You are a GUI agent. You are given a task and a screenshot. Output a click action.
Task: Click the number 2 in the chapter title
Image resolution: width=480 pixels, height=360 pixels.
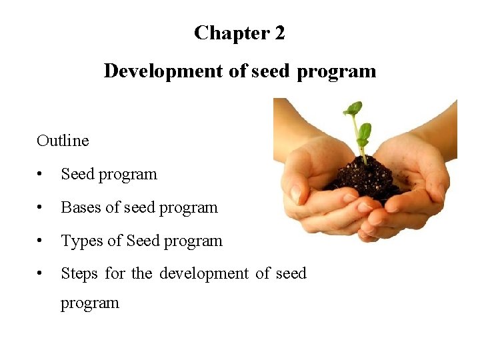pyautogui.click(x=279, y=33)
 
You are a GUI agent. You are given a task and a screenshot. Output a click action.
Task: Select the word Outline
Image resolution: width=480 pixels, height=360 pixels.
pyautogui.click(x=63, y=141)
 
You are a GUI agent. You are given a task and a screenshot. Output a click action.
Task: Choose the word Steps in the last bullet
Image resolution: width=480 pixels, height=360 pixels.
pyautogui.click(x=79, y=273)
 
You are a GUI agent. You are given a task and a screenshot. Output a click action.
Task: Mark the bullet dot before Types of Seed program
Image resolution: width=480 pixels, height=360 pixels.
pyautogui.click(x=41, y=241)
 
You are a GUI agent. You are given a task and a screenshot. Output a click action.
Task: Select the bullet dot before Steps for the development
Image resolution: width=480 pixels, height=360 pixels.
pyautogui.click(x=41, y=274)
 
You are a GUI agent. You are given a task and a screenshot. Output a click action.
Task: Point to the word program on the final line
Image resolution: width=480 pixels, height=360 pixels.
pyautogui.click(x=90, y=303)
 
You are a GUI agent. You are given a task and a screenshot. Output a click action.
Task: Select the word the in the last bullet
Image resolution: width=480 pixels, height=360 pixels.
pyautogui.click(x=141, y=273)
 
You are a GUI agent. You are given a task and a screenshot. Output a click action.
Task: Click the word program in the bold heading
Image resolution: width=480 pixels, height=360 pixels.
pyautogui.click(x=336, y=71)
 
